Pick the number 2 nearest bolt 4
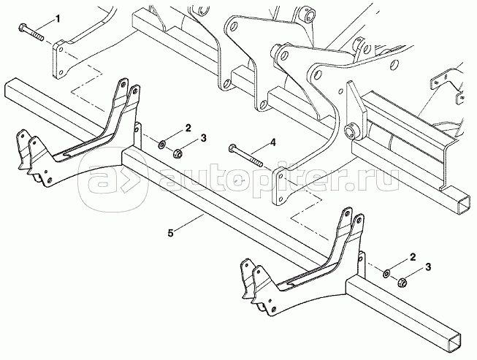click(x=188, y=129)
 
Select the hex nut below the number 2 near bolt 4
click(x=178, y=153)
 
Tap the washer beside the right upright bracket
click(x=387, y=273)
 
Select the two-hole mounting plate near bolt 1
click(x=65, y=58)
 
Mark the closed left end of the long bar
click(x=9, y=91)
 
